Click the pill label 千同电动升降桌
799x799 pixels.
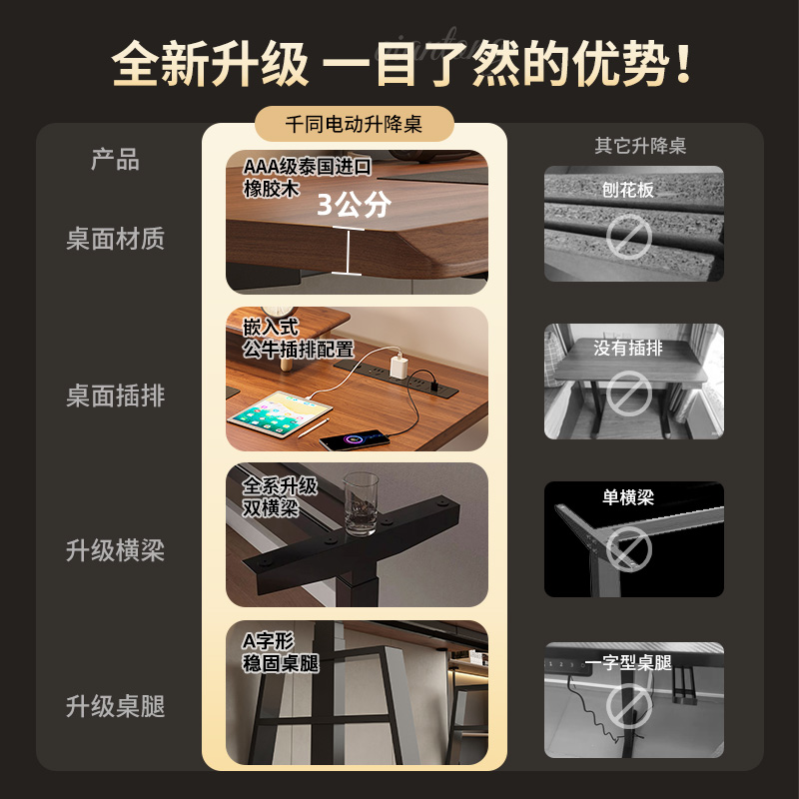tap(354, 124)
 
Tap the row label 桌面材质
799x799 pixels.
tap(116, 239)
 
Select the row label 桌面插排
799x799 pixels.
tap(116, 396)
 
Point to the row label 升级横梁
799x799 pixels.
tap(116, 551)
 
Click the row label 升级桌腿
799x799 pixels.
tap(116, 706)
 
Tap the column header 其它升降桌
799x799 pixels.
tap(640, 146)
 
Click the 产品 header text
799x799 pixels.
tap(115, 160)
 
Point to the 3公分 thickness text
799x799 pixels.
tap(354, 205)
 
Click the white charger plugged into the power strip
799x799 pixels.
tap(399, 367)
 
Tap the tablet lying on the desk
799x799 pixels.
tap(280, 413)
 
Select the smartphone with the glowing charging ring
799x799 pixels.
tap(354, 440)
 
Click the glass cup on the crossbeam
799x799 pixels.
tap(361, 503)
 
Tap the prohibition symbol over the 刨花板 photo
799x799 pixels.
tap(629, 237)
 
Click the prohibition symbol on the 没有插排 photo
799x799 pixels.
tap(629, 393)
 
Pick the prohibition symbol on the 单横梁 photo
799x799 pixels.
tap(629, 549)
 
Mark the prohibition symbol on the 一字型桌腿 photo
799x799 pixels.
tap(629, 706)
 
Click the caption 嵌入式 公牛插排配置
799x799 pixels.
tap(298, 339)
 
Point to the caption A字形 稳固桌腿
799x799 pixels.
tap(281, 652)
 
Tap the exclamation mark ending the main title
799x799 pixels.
tap(683, 64)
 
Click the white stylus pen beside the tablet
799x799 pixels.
tap(314, 428)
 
